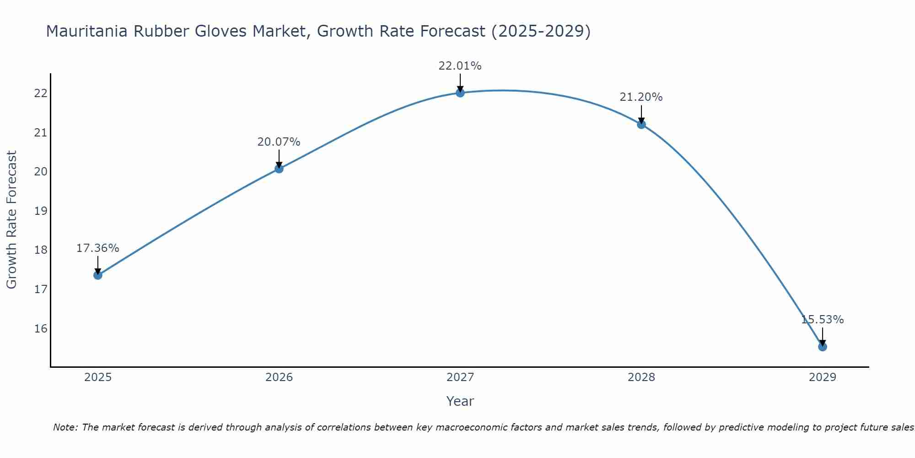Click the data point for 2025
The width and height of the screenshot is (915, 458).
click(x=97, y=275)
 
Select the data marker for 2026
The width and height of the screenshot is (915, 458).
click(x=279, y=169)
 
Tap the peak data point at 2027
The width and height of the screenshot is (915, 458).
click(x=460, y=93)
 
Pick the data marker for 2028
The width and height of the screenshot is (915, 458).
click(x=641, y=124)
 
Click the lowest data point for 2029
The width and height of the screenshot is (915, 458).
click(x=823, y=347)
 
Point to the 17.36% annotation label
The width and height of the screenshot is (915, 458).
click(x=97, y=248)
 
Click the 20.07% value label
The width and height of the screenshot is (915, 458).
click(x=279, y=142)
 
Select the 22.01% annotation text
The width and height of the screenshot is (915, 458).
click(x=460, y=66)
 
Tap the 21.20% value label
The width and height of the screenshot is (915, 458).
click(x=641, y=97)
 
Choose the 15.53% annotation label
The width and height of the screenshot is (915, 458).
click(x=822, y=320)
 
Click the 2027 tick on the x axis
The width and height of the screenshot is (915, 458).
click(x=460, y=377)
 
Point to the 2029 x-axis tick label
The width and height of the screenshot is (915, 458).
click(x=823, y=377)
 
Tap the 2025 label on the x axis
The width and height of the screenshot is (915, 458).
click(x=98, y=377)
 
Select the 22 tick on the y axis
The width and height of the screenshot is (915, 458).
click(x=41, y=93)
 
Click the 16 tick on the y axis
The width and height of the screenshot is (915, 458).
click(x=41, y=329)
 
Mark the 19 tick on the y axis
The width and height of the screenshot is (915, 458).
click(x=41, y=211)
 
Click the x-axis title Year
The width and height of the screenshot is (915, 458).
click(x=460, y=401)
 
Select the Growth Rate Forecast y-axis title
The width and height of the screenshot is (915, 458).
click(x=11, y=220)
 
